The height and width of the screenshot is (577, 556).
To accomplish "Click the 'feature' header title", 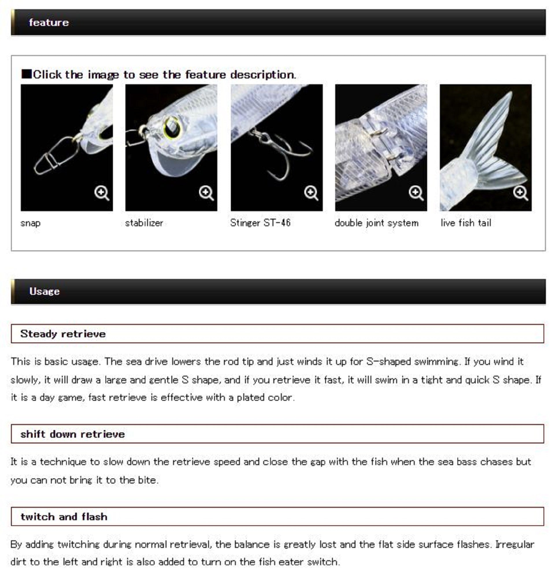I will [x=49, y=23].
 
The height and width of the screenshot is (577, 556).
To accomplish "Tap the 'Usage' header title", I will [x=44, y=291].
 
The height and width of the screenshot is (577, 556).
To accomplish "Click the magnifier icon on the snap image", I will [x=102, y=193].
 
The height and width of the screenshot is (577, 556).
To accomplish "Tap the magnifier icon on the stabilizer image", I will [x=206, y=193].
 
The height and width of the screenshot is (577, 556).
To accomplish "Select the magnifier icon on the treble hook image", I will [x=311, y=193].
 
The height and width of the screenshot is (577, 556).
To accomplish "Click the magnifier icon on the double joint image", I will [x=416, y=193].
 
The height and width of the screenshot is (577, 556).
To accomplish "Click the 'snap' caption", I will [x=30, y=223].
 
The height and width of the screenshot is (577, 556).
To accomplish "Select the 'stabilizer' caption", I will [x=144, y=223].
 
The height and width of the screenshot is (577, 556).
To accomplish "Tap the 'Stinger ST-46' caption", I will [x=260, y=222].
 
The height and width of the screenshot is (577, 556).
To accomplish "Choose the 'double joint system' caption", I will [x=377, y=223].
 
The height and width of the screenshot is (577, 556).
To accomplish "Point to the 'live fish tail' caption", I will [x=466, y=223].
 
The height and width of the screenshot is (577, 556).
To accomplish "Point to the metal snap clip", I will [x=56, y=156].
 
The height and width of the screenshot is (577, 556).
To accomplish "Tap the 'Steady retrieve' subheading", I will [x=63, y=334].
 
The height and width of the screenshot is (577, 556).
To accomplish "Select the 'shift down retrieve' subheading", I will [x=73, y=434].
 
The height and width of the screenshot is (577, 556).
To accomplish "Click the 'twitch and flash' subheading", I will [x=64, y=517].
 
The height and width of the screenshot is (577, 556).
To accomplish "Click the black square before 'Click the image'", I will [x=27, y=74].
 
